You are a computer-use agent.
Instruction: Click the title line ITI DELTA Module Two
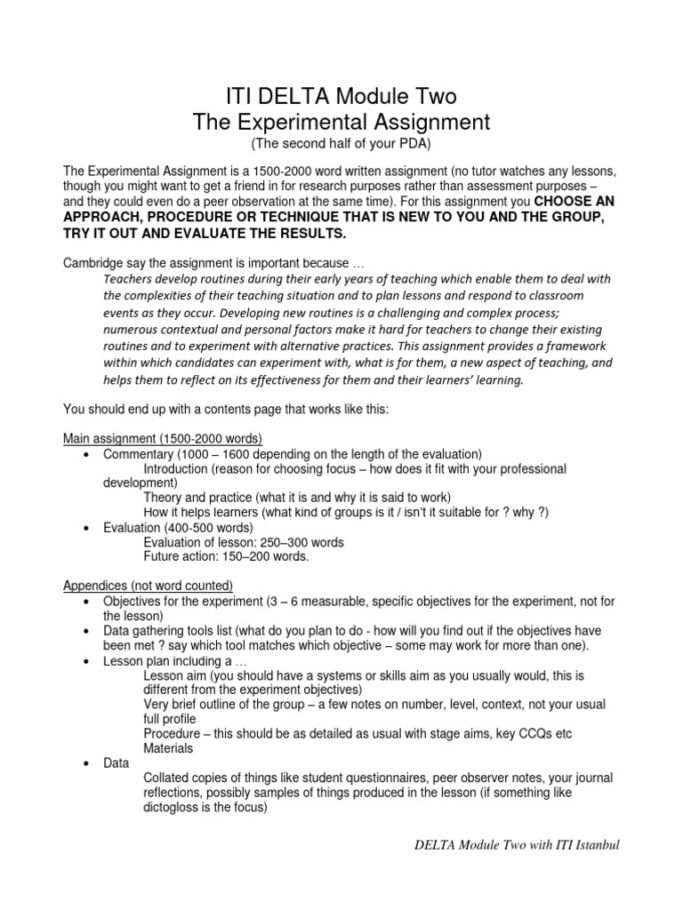pyautogui.click(x=341, y=96)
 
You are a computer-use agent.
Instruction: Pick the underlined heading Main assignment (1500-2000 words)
pyautogui.click(x=162, y=439)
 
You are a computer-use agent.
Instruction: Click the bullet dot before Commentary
pyautogui.click(x=84, y=454)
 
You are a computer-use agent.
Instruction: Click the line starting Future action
pyautogui.click(x=226, y=556)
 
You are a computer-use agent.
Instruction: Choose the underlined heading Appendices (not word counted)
pyautogui.click(x=148, y=586)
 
